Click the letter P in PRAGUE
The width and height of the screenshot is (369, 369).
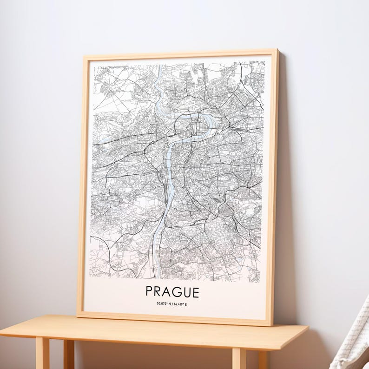(x=150, y=292)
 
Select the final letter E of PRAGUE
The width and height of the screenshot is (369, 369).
(x=195, y=292)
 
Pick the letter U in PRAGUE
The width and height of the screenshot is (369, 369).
(x=186, y=292)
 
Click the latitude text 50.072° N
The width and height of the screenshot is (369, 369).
(x=165, y=304)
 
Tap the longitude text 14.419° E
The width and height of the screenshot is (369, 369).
(x=181, y=304)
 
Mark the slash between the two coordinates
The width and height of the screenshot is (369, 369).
(x=173, y=304)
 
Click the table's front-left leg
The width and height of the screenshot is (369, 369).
(x=42, y=353)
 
